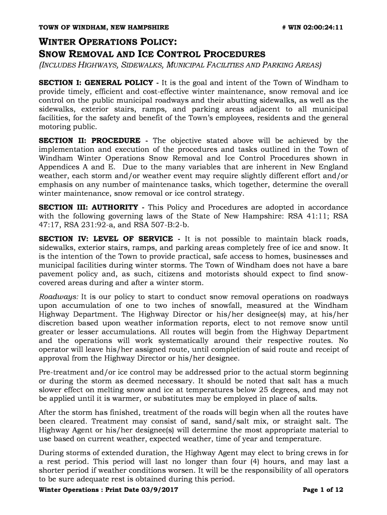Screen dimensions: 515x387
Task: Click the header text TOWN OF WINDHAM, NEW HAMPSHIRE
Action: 104,27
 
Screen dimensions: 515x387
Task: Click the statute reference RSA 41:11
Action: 312,216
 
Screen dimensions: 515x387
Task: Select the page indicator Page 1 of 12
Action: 323,490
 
